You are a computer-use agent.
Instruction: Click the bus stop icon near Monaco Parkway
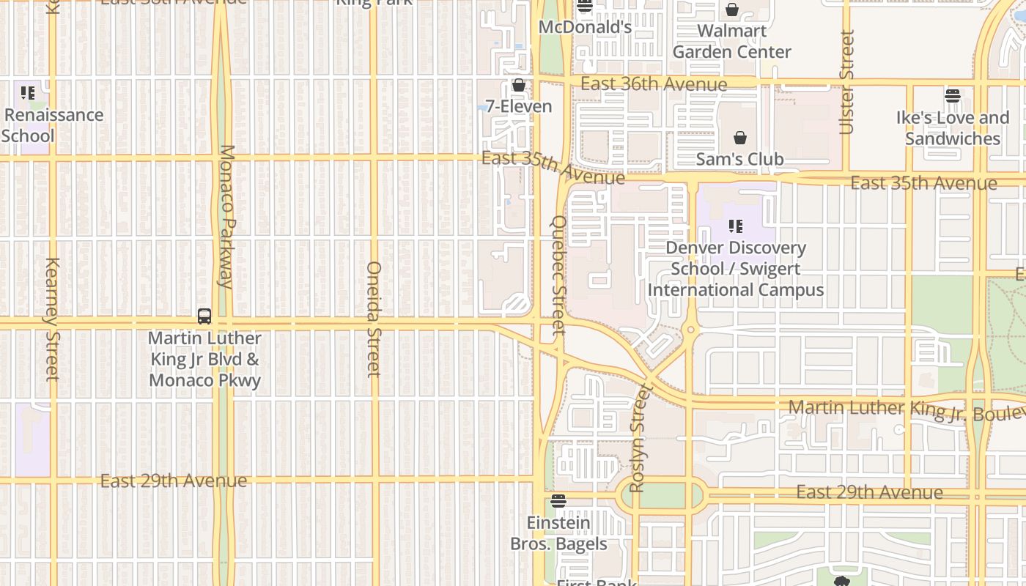(204, 316)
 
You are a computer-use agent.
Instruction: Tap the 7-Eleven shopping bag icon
(519, 86)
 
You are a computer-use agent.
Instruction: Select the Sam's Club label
(739, 159)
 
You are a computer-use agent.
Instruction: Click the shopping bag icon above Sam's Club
(740, 138)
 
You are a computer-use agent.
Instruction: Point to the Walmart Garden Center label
(731, 42)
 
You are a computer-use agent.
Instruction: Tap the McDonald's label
(585, 27)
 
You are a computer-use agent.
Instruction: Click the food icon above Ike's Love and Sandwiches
(952, 95)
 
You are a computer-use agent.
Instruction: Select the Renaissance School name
(53, 125)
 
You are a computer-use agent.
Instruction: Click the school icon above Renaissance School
(28, 93)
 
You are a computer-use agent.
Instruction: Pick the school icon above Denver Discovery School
(736, 226)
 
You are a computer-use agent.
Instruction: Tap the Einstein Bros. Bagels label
(558, 533)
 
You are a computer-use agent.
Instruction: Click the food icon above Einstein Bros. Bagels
(558, 501)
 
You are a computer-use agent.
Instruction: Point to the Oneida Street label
(374, 319)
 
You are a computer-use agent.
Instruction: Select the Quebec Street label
(559, 275)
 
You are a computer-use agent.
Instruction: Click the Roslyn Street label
(638, 438)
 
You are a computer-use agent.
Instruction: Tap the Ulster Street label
(846, 82)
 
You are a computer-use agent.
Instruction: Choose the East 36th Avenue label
(654, 84)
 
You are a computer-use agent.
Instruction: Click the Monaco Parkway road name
(226, 216)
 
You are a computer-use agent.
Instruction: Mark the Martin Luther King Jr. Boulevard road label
(906, 410)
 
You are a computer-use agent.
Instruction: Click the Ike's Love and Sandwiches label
(952, 128)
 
